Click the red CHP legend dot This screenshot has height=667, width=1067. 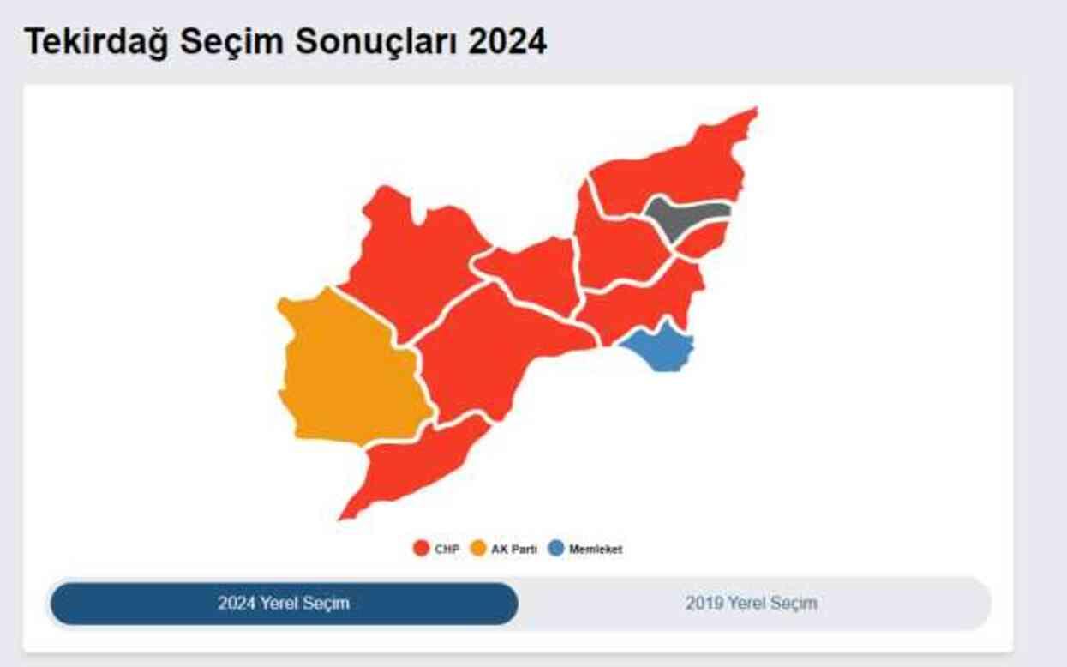(421, 549)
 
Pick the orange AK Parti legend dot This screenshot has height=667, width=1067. (478, 549)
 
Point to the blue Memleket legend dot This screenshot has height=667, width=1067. (556, 549)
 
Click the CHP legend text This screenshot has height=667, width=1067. (447, 550)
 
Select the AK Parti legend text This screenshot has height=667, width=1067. (514, 550)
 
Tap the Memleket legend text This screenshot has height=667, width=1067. (596, 550)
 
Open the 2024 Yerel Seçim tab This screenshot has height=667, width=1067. (284, 604)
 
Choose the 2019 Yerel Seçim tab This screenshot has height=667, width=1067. (751, 604)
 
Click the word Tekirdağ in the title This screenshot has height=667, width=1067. (97, 42)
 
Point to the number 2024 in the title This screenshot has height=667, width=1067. (507, 42)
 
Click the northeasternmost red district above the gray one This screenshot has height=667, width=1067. (677, 167)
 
